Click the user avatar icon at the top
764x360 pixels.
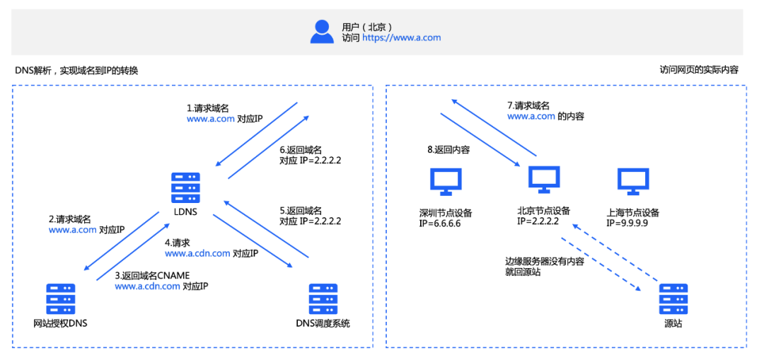(323, 31)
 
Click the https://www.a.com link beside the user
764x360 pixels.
(402, 38)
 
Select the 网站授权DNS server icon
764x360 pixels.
(61, 298)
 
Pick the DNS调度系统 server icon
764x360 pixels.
(323, 298)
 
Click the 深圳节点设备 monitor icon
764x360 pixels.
(446, 182)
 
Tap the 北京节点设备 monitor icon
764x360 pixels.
(544, 180)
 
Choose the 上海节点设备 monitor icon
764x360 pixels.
(632, 182)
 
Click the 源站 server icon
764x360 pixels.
(673, 298)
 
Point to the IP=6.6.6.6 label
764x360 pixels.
(440, 223)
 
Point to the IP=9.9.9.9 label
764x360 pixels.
(627, 223)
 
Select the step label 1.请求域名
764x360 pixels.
(208, 108)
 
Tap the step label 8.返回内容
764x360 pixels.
(449, 150)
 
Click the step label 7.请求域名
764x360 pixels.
(528, 105)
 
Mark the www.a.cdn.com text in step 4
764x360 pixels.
(197, 253)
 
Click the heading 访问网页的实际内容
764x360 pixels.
(699, 70)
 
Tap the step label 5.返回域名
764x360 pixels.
(301, 210)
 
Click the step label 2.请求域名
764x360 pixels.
(70, 219)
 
